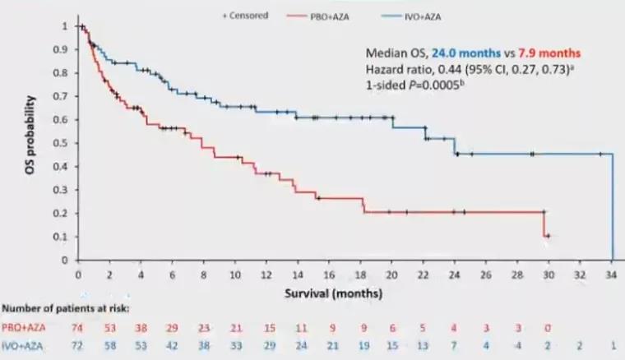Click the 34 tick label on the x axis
click(x=612, y=275)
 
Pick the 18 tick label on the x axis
click(x=361, y=275)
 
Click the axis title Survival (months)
click(x=344, y=291)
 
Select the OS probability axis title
click(x=30, y=141)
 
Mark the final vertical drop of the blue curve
click(x=612, y=205)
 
